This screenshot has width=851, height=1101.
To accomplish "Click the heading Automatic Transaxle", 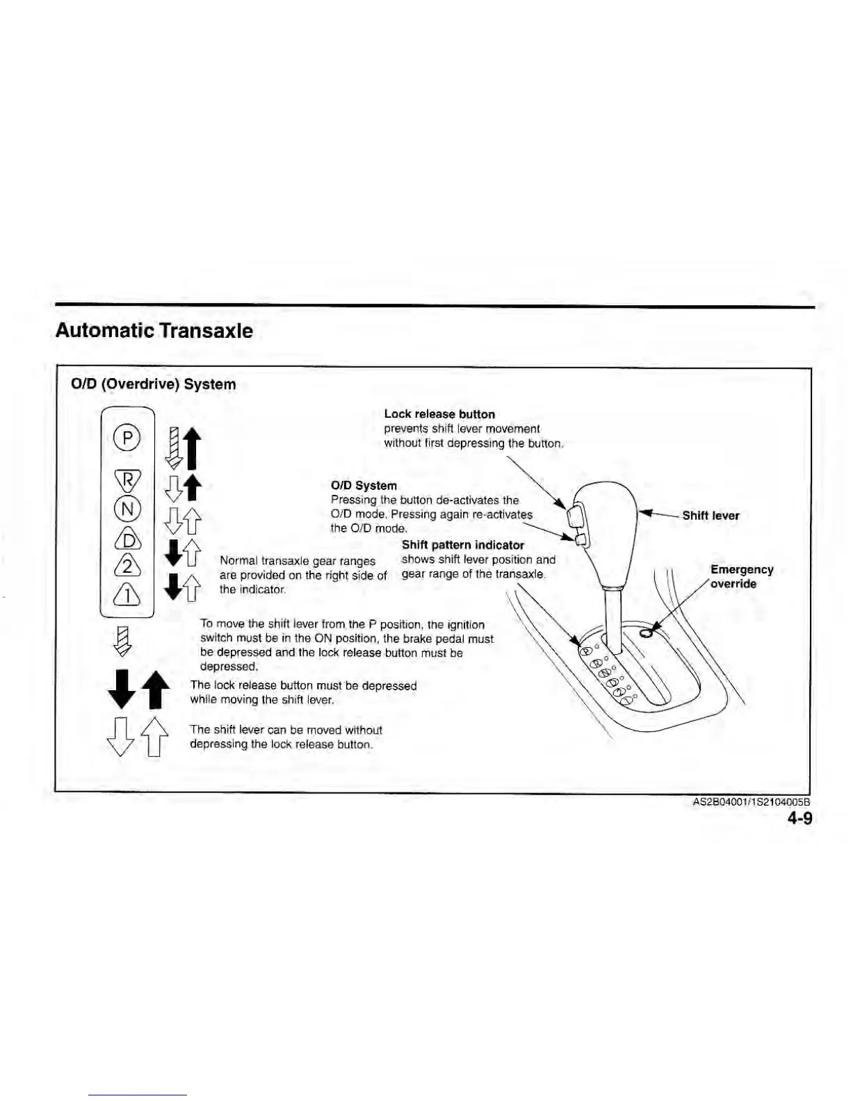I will (154, 331).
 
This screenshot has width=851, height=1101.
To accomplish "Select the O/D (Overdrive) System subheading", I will (154, 384).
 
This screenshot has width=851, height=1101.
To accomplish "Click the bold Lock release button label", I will (439, 414).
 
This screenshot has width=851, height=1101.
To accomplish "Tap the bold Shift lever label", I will (711, 516).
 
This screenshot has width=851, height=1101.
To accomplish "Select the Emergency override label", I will (741, 577).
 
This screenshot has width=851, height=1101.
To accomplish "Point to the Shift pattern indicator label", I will (463, 545).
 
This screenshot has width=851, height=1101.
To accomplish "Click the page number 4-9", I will (800, 818).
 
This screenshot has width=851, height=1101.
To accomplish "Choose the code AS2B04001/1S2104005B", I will (752, 802).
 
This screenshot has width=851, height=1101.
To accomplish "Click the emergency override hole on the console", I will (645, 632).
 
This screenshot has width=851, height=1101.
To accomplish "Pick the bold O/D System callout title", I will (364, 486).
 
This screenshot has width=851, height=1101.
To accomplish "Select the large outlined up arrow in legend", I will (156, 737).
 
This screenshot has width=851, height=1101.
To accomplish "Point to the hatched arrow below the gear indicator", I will (122, 640).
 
